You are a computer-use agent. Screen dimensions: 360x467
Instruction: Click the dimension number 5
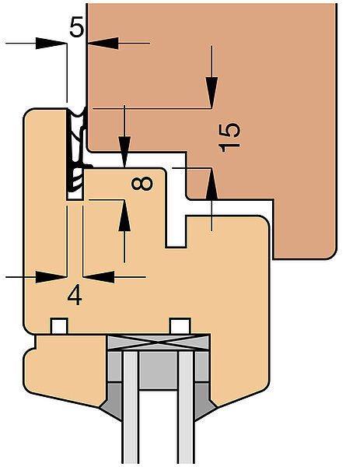pyautogui.click(x=77, y=26)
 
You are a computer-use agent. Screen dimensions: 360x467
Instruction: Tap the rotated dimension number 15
pyautogui.click(x=229, y=138)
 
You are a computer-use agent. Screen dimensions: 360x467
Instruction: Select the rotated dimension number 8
pyautogui.click(x=142, y=184)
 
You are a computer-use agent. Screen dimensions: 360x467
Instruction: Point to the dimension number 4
pyautogui.click(x=75, y=295)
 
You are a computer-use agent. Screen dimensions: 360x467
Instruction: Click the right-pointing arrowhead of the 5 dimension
pyautogui.click(x=51, y=43)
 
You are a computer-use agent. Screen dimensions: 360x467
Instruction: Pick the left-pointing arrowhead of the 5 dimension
pyautogui.click(x=103, y=43)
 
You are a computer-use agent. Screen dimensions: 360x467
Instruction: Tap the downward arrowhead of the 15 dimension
pyautogui.click(x=211, y=93)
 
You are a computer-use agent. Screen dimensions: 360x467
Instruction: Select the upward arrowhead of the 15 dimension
pyautogui.click(x=211, y=184)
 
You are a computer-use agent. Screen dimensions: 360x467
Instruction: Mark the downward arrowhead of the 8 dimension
pyautogui.click(x=124, y=152)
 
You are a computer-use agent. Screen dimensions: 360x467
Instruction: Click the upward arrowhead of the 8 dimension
pyautogui.click(x=124, y=215)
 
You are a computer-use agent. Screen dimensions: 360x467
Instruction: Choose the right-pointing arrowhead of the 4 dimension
pyautogui.click(x=51, y=277)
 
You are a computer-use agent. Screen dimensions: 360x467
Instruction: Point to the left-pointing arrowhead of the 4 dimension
pyautogui.click(x=99, y=277)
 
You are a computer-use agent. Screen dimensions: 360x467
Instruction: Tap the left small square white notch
pyautogui.click(x=60, y=326)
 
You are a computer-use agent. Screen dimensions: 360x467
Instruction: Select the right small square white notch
pyautogui.click(x=180, y=326)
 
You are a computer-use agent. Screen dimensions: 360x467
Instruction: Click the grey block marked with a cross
pyautogui.click(x=159, y=342)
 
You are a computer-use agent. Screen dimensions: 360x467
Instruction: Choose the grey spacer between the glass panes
pyautogui.click(x=159, y=370)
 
